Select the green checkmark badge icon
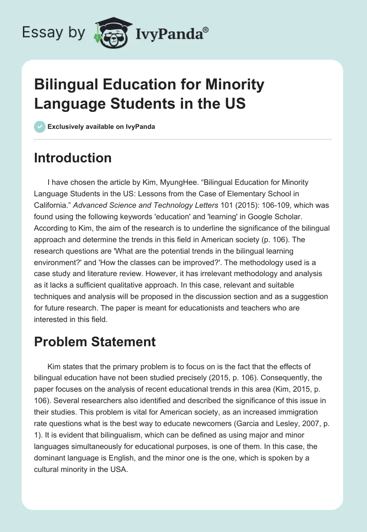(x=40, y=127)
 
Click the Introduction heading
(x=72, y=158)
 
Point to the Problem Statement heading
(x=95, y=341)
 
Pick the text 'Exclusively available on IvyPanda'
(x=101, y=127)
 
